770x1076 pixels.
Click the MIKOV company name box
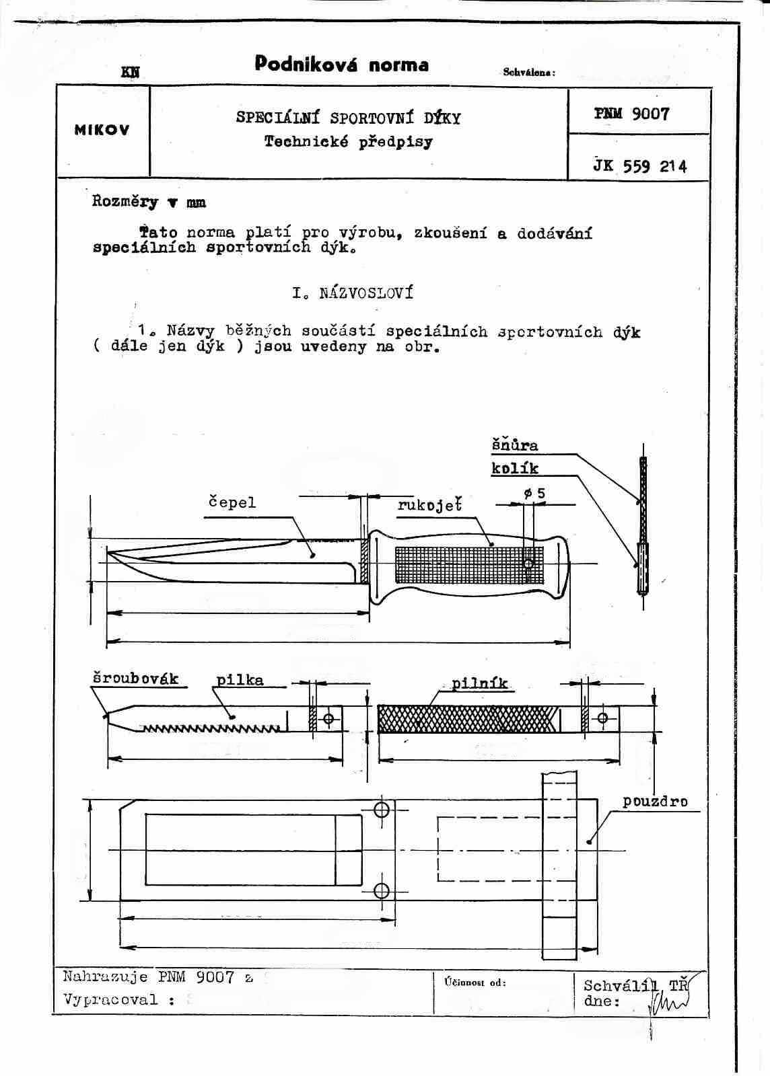tap(102, 130)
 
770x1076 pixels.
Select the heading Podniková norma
tap(341, 65)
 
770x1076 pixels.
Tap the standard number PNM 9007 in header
tap(631, 114)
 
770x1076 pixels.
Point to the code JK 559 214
tap(639, 166)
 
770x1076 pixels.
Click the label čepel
tap(232, 502)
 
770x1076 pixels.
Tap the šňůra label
tap(514, 445)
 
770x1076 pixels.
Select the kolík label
tap(514, 468)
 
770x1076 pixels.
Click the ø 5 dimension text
tap(534, 494)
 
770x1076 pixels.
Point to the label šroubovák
tap(135, 678)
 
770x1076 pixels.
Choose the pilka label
tap(240, 680)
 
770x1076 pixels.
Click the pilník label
tap(479, 684)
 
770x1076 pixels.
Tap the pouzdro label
tap(654, 802)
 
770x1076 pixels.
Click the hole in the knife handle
tap(528, 563)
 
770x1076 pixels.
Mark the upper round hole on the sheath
tap(382, 808)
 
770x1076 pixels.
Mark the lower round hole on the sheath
tap(382, 891)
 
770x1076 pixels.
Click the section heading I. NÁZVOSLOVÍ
tap(353, 293)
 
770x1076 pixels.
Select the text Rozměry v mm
tap(149, 202)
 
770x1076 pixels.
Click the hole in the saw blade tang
tap(328, 719)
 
